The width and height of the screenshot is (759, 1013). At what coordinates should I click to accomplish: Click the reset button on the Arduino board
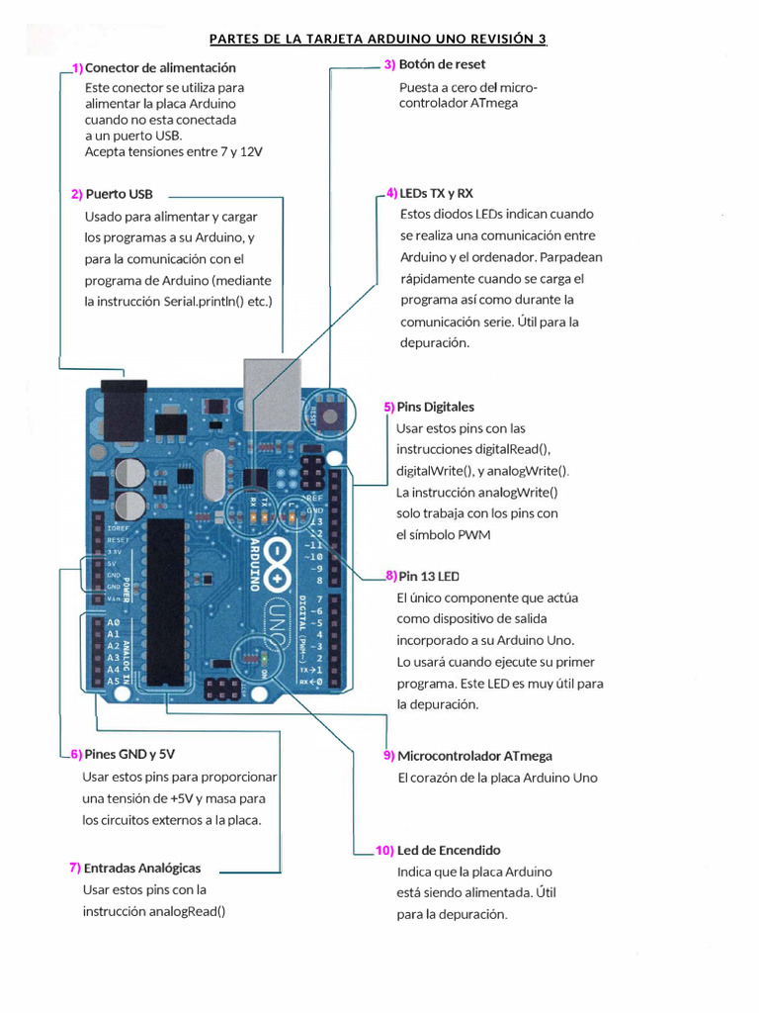(330, 411)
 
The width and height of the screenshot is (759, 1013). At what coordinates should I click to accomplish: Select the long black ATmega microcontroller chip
(169, 603)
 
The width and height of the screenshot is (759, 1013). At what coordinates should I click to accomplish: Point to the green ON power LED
(264, 658)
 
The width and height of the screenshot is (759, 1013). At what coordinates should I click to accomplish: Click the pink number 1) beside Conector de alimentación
(77, 68)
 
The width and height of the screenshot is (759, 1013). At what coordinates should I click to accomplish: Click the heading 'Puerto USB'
(119, 194)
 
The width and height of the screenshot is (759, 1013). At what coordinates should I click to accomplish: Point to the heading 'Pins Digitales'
(435, 407)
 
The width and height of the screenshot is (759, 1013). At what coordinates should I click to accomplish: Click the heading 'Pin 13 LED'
(428, 576)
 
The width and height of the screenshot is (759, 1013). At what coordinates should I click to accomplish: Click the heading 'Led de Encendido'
(448, 850)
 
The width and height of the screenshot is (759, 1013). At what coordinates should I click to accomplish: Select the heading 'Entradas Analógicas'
(142, 868)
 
